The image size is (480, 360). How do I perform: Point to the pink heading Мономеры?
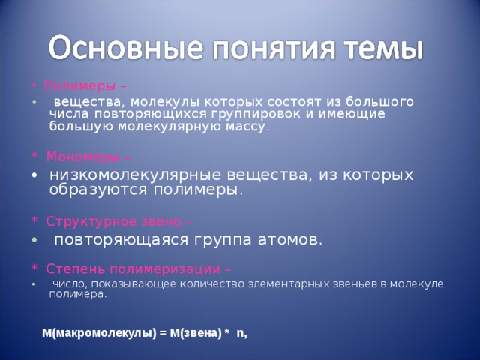click(80, 157)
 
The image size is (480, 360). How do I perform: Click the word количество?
click(187, 283)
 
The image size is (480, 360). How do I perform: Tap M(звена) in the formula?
click(196, 334)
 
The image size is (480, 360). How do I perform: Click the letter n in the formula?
click(240, 334)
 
